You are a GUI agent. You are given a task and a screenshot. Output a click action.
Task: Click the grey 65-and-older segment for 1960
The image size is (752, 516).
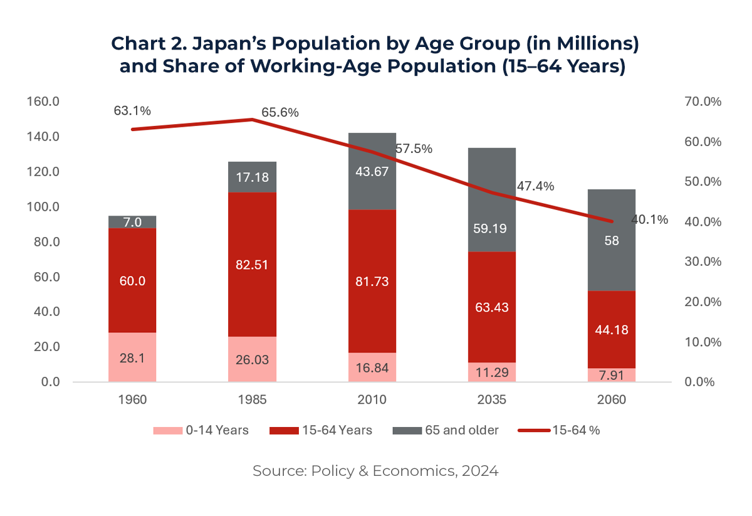coord(132,222)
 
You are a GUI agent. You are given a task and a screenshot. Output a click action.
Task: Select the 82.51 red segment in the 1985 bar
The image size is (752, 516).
coord(252,264)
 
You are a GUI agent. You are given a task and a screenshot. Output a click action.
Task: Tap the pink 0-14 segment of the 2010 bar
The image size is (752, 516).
coord(372,367)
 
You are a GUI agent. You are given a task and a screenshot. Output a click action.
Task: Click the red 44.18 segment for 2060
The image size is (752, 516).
coord(612,329)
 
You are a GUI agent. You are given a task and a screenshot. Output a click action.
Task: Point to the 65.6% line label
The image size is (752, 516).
coord(280,113)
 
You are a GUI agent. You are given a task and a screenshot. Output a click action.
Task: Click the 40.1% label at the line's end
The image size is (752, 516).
coord(650,220)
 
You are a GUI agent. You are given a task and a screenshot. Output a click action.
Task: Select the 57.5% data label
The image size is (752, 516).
coord(414,149)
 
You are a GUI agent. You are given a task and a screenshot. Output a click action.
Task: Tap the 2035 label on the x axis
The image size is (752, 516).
coord(492,399)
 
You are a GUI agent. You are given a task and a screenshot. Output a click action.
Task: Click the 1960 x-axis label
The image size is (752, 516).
coord(132,399)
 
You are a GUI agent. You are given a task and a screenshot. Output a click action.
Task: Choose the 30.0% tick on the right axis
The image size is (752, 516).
coord(696,261)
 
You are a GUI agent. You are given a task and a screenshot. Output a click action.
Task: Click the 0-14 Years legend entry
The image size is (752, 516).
coord(202,430)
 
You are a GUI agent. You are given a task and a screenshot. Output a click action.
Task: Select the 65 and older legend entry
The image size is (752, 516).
coord(446,430)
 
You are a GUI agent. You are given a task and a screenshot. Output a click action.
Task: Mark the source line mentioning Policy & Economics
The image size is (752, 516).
coord(375,471)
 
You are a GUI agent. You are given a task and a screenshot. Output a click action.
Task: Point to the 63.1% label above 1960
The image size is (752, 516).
coord(132,111)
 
